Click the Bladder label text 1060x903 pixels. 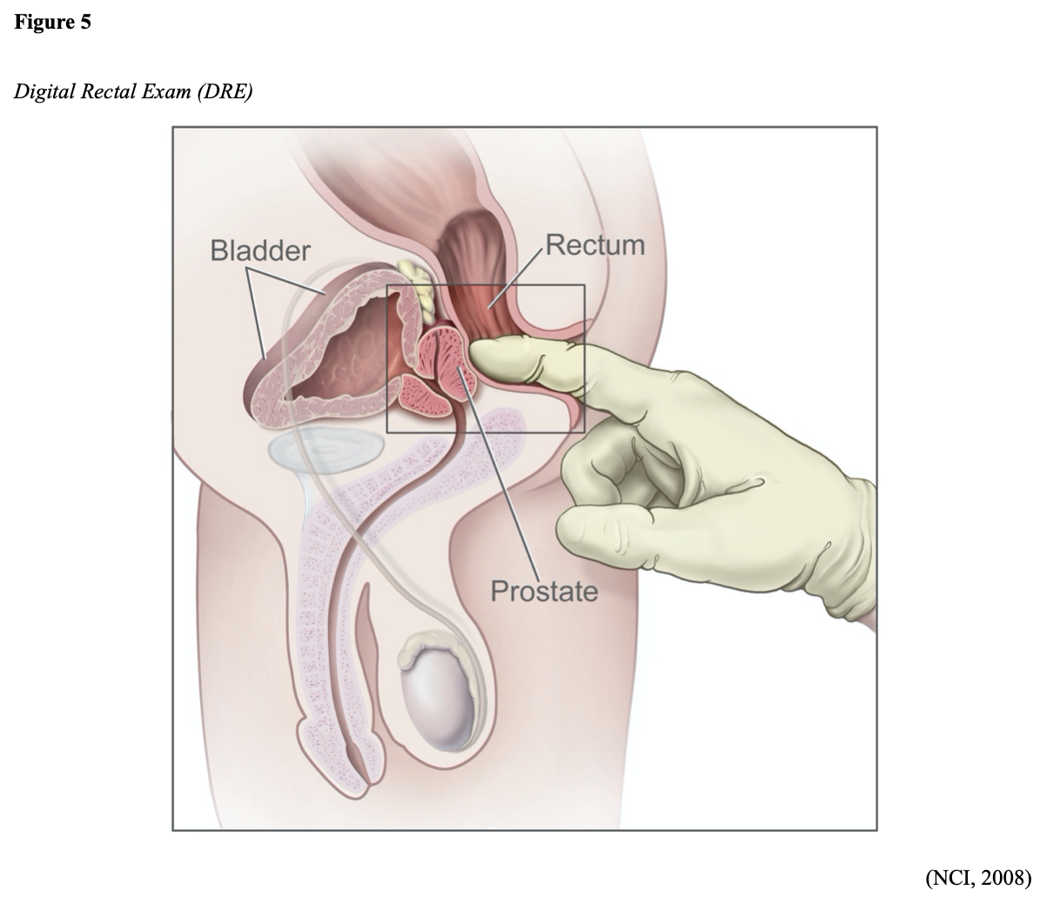(259, 251)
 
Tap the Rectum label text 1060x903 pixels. (595, 244)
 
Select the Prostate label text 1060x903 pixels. (544, 592)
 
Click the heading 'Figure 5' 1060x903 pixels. (52, 23)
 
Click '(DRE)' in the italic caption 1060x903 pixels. (225, 92)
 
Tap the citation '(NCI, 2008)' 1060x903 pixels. (978, 878)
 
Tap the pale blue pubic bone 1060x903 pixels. (326, 451)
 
